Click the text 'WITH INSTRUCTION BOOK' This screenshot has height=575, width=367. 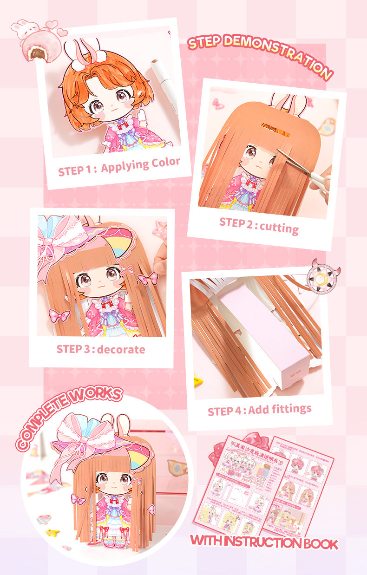click(264, 542)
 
